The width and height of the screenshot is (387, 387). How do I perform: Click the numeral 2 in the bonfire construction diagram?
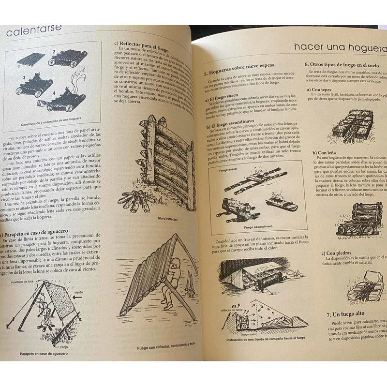pos(54,50)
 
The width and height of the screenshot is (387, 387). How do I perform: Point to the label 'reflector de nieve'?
pos(231,310)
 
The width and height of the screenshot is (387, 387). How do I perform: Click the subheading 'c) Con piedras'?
pos(339,253)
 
